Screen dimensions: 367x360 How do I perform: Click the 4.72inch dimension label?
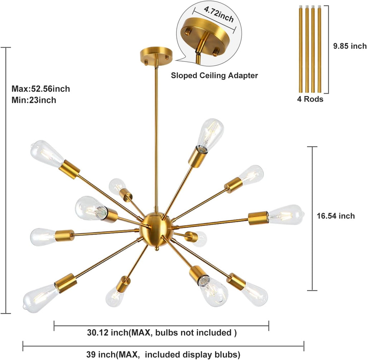click(x=219, y=14)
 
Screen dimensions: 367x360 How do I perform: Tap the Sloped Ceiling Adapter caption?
click(x=214, y=75)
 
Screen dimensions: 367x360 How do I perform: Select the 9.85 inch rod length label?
click(x=350, y=46)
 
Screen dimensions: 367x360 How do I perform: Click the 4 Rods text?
click(x=310, y=99)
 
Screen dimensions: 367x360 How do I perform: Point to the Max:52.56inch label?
click(x=41, y=89)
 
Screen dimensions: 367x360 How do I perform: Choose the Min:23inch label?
click(x=34, y=100)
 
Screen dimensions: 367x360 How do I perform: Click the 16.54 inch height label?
click(x=335, y=216)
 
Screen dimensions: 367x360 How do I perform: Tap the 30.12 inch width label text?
click(x=162, y=332)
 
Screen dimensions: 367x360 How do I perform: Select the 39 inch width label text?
click(x=163, y=354)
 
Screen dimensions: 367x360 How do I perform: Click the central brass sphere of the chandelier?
click(x=156, y=229)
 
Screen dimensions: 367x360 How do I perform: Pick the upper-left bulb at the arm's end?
click(x=47, y=153)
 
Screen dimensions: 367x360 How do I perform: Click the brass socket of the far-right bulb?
click(x=258, y=218)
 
